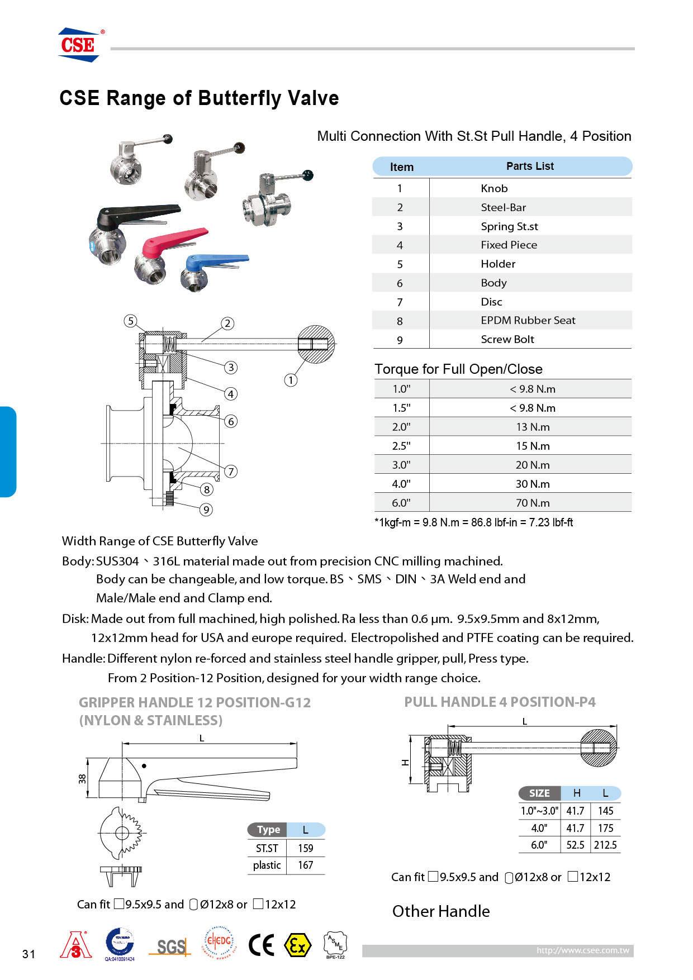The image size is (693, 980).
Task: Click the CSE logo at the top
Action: point(79,45)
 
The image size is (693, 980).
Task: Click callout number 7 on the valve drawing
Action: point(231,471)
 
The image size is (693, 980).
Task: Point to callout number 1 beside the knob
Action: point(291,380)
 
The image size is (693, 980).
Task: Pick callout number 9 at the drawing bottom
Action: point(206,509)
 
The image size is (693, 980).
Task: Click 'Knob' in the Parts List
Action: point(494,188)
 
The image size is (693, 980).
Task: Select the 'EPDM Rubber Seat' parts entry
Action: point(528,320)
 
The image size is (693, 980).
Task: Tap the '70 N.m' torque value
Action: point(532,502)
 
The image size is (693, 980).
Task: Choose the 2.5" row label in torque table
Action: point(401,446)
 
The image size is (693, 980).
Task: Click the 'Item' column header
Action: point(401,166)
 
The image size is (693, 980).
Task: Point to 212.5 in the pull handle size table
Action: point(605,845)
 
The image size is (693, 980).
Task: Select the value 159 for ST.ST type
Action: point(305,848)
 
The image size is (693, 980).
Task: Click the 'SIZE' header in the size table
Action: point(539,793)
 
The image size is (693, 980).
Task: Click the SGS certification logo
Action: point(170,946)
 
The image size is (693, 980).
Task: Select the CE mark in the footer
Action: point(261,945)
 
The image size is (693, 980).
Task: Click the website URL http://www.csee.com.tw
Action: point(582,950)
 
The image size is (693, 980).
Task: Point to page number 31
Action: point(29,954)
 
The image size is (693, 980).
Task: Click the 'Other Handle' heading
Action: point(440,911)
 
